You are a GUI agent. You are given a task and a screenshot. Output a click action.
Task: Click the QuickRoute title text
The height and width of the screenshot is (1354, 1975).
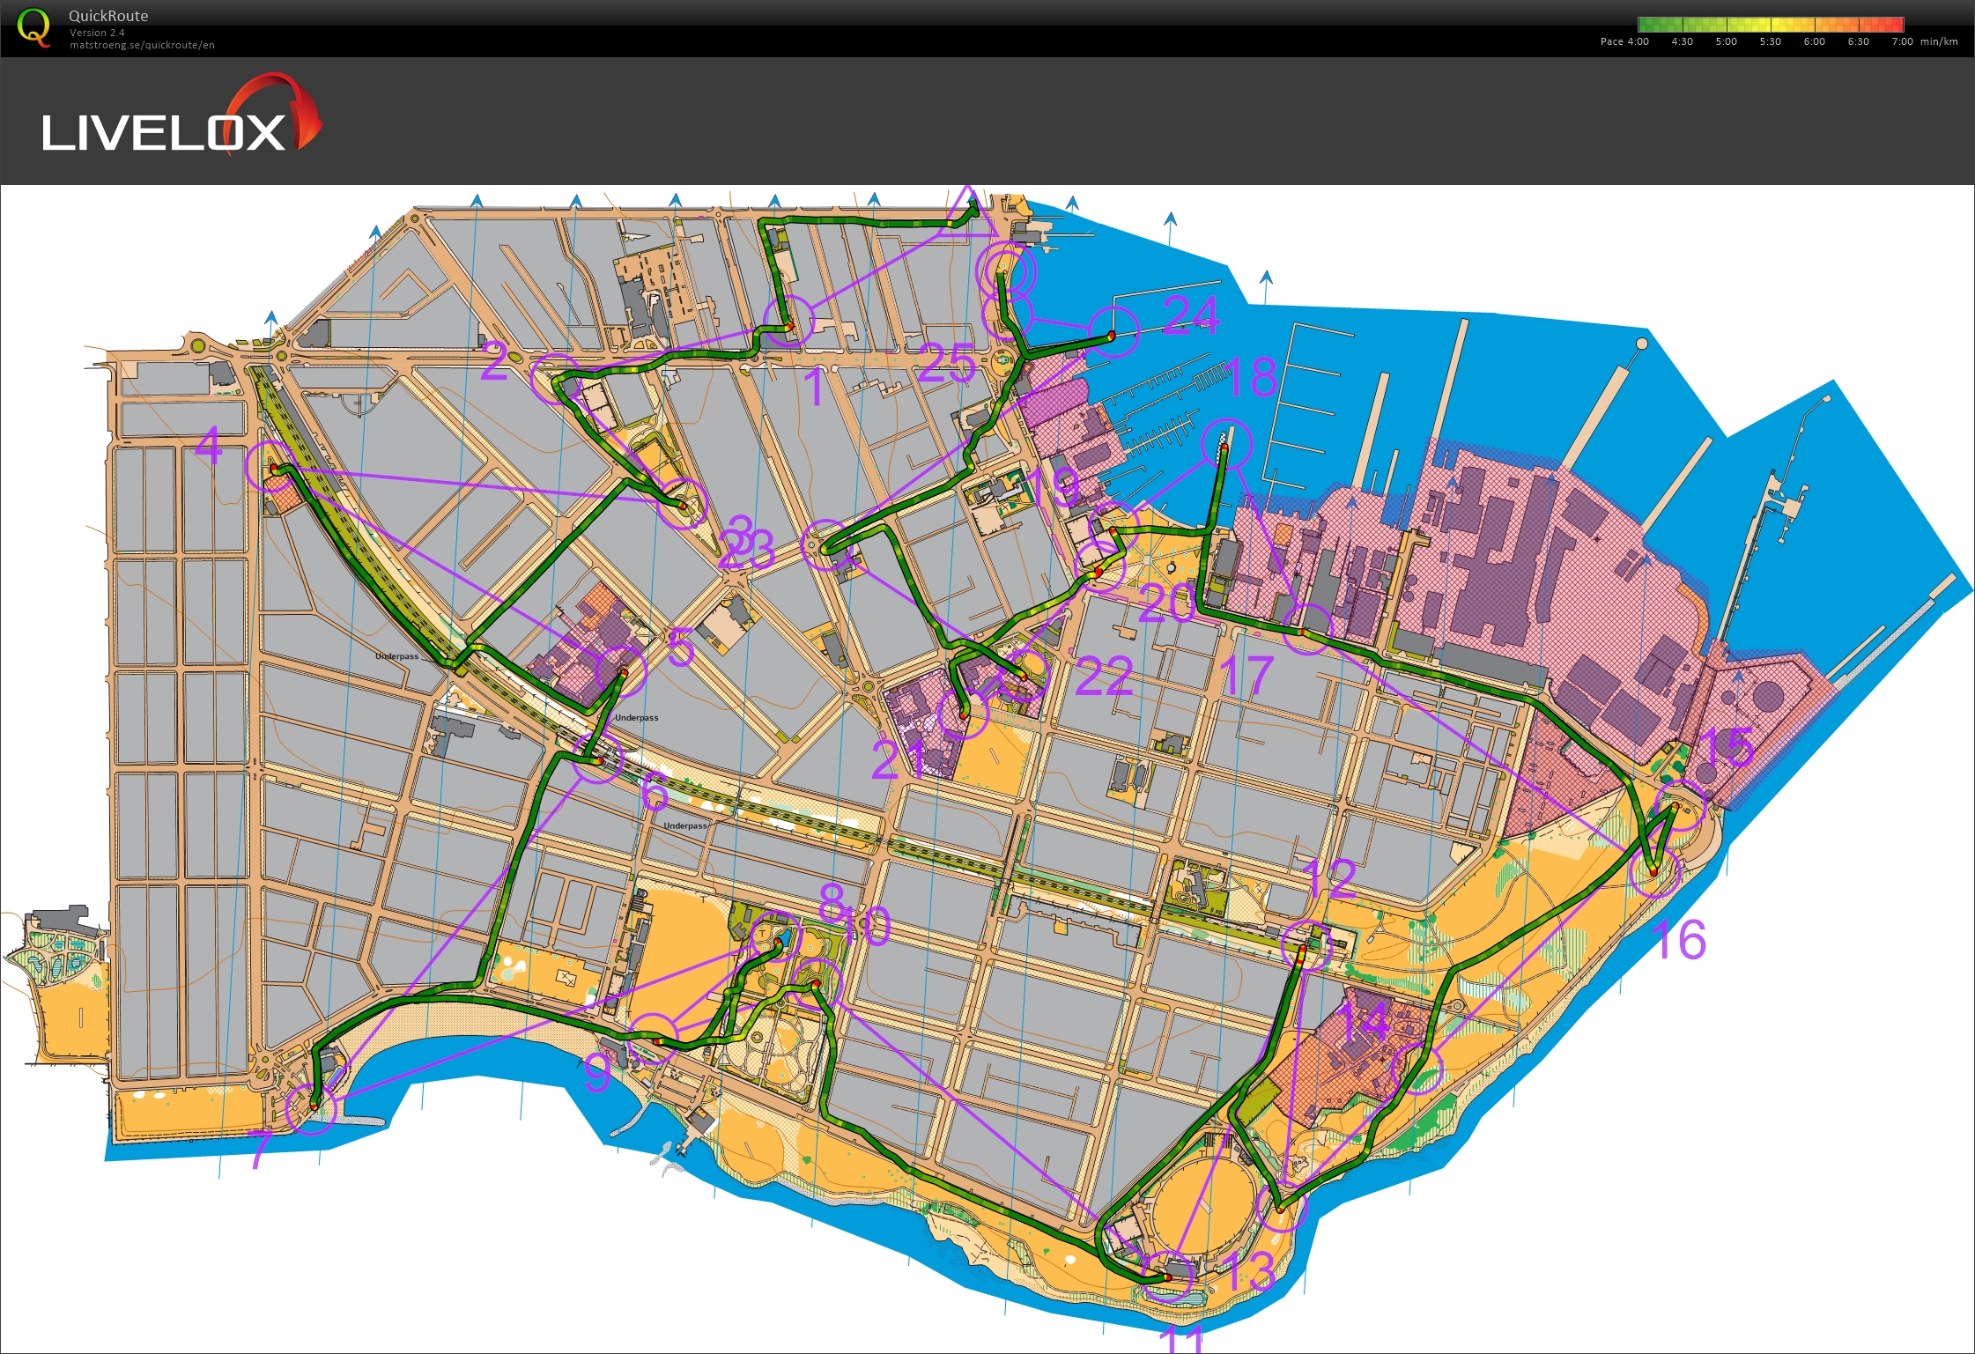click(x=108, y=16)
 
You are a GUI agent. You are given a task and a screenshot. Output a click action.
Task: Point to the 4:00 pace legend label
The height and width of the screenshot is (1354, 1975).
click(x=1638, y=41)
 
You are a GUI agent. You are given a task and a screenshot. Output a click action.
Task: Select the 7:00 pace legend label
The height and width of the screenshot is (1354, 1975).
click(x=1902, y=41)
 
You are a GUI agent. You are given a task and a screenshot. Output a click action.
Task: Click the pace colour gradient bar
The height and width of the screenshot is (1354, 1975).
click(x=1770, y=25)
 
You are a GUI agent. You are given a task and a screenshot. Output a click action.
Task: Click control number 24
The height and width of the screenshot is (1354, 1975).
click(x=1190, y=315)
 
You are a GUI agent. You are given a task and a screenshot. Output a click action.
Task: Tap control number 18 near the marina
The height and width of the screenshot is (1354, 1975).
click(x=1251, y=377)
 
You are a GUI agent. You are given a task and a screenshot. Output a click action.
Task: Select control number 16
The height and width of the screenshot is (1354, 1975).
click(x=1679, y=939)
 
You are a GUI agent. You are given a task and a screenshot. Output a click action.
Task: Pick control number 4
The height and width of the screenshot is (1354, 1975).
click(x=209, y=446)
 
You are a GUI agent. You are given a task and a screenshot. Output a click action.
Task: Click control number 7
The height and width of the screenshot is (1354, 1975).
click(x=261, y=1150)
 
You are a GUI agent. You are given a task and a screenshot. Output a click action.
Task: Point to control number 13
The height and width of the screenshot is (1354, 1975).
click(x=1250, y=1271)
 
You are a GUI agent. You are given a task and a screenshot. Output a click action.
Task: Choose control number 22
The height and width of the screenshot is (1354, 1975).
click(x=1103, y=677)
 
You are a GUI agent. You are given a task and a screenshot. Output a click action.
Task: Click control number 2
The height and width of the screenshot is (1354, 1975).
click(x=493, y=362)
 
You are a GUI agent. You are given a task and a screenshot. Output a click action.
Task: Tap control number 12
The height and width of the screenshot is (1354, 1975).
click(x=1329, y=878)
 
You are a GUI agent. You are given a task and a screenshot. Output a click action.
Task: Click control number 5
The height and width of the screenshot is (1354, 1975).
click(x=680, y=648)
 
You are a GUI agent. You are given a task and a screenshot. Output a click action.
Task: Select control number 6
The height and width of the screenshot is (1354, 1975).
click(x=654, y=791)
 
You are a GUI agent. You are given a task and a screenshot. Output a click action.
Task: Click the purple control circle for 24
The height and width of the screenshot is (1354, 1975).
click(x=1113, y=332)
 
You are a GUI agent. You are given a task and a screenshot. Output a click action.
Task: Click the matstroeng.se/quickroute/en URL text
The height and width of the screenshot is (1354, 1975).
click(x=142, y=45)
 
